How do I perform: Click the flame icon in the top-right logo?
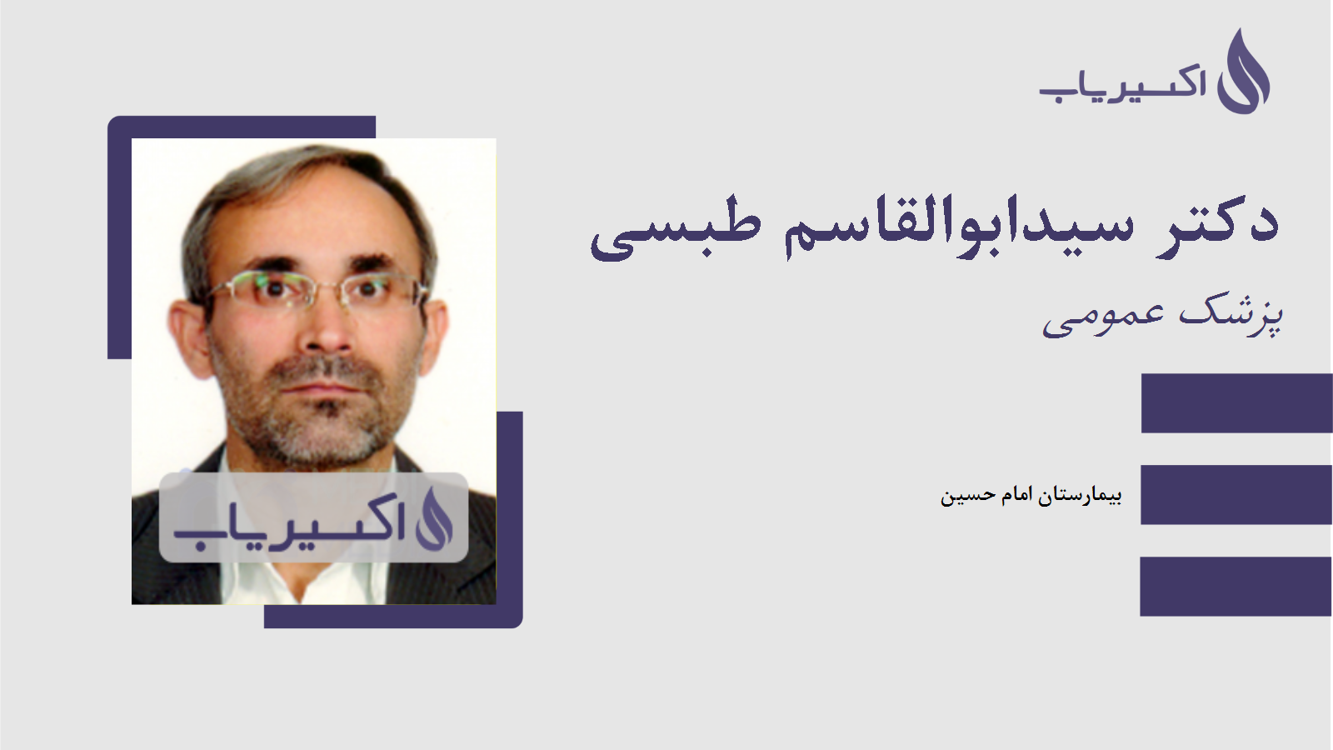1243,72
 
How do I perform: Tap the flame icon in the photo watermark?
434,519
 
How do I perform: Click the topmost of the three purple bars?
1236,403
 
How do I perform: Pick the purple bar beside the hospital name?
1236,495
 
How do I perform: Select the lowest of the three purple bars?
1236,587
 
